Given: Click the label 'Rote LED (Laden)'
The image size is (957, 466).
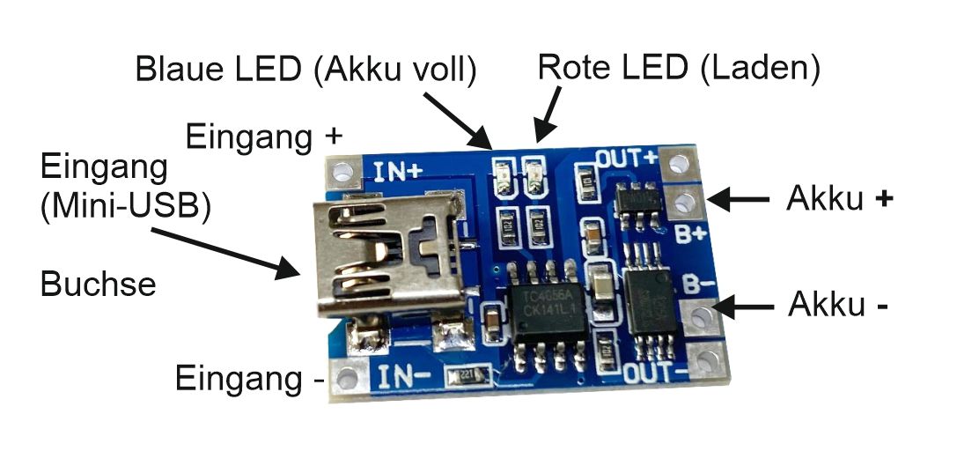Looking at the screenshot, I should pyautogui.click(x=679, y=67).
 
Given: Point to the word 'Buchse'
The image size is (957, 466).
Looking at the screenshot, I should pyautogui.click(x=98, y=285).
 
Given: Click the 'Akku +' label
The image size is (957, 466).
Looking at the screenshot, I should pyautogui.click(x=839, y=200).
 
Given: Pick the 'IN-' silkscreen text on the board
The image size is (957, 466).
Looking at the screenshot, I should pyautogui.click(x=404, y=378).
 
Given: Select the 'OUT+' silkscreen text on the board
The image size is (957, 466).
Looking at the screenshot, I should pyautogui.click(x=627, y=159).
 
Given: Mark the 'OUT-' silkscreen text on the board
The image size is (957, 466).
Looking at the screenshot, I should pyautogui.click(x=655, y=374).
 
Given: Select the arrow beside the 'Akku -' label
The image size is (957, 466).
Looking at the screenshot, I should pyautogui.click(x=743, y=307).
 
